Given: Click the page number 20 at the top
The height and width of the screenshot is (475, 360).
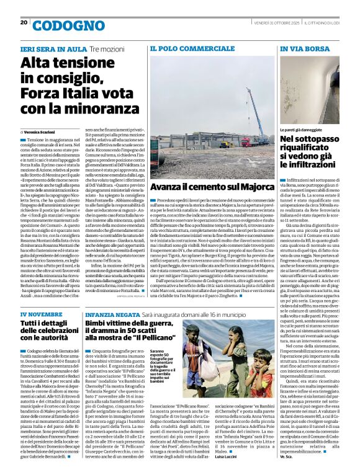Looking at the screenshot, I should pos(24,22).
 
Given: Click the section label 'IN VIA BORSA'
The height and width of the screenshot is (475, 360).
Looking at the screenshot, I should pos(305,48).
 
